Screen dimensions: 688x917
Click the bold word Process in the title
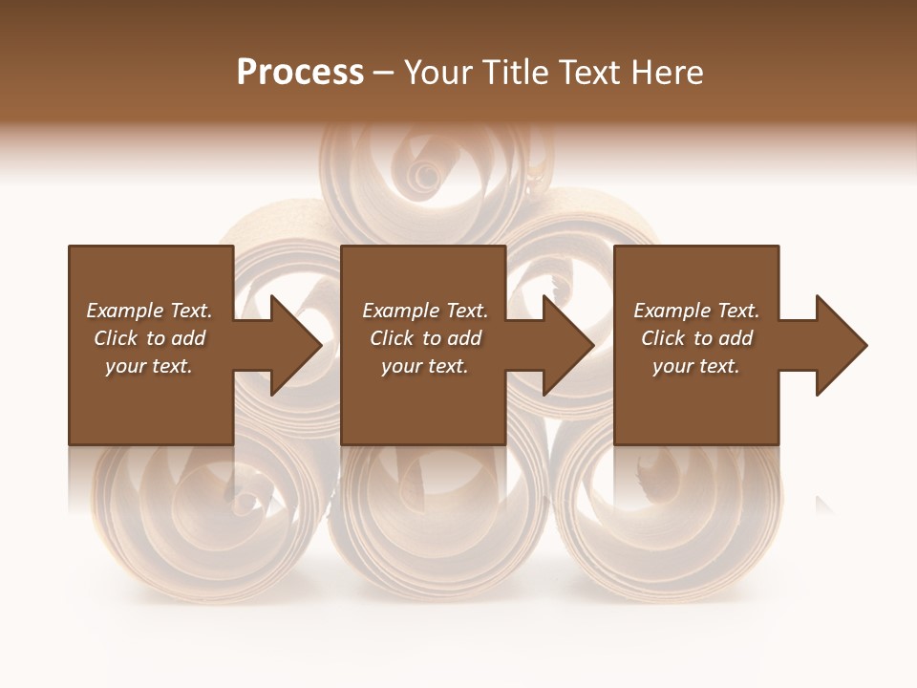point(300,72)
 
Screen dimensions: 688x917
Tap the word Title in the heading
point(511,72)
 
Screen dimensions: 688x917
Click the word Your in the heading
point(438,72)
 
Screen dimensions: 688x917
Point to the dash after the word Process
point(383,74)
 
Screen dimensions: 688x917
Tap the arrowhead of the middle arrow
point(567,345)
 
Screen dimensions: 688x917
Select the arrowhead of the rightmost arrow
point(840,345)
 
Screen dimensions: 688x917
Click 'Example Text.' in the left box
point(149,311)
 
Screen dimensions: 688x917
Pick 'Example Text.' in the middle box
point(425,311)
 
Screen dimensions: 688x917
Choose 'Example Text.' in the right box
point(696,311)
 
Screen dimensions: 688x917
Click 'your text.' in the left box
point(149,366)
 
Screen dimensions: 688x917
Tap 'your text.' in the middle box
point(425,366)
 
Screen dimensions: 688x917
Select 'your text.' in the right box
point(696,366)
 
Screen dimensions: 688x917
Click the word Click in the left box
point(116,338)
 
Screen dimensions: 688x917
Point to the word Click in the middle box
point(392,338)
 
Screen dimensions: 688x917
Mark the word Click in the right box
point(663,338)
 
